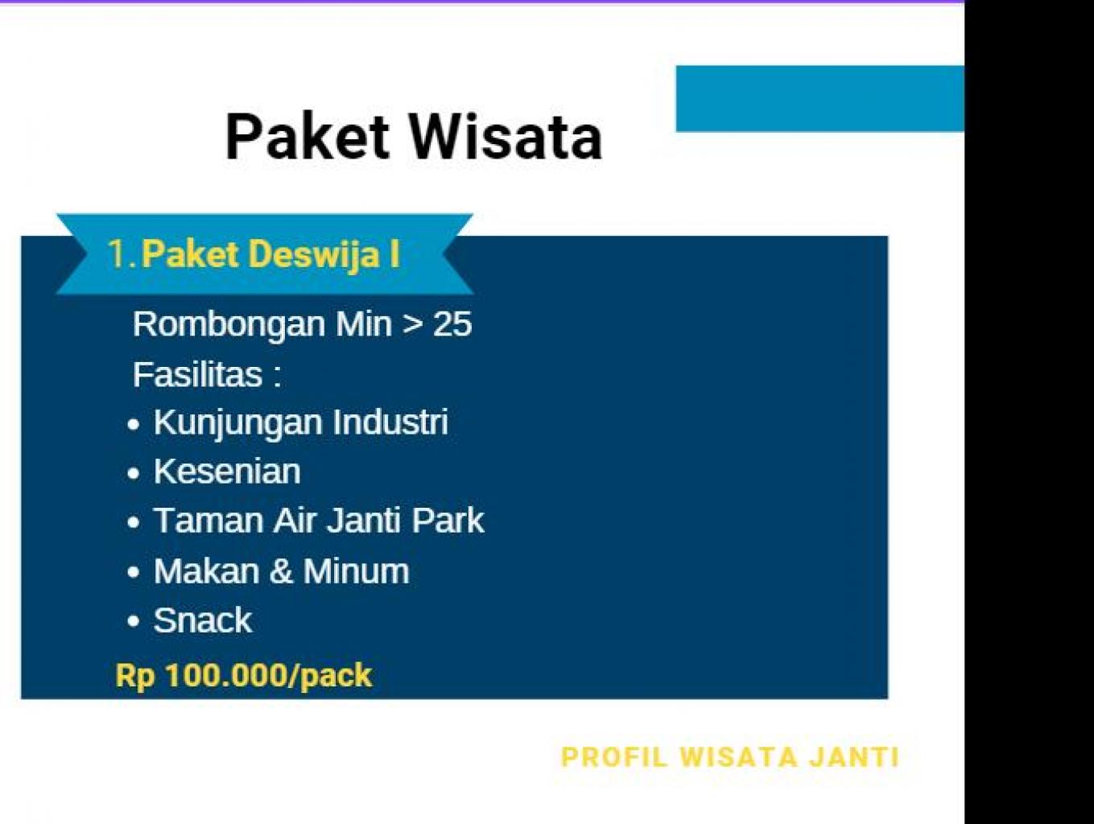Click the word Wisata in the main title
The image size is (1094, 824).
506,137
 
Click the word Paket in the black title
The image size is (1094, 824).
307,137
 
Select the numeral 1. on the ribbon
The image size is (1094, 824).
122,254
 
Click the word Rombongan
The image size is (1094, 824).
229,325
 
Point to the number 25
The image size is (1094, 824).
452,323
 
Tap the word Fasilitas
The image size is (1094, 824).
197,374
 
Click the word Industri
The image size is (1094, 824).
390,422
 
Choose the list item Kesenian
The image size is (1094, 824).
227,471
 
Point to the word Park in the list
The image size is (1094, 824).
448,520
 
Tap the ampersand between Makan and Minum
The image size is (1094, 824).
281,571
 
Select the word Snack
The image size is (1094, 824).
202,620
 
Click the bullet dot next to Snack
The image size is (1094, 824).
133,622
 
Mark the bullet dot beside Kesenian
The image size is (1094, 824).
133,473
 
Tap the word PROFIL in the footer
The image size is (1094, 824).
614,757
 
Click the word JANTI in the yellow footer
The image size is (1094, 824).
854,757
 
